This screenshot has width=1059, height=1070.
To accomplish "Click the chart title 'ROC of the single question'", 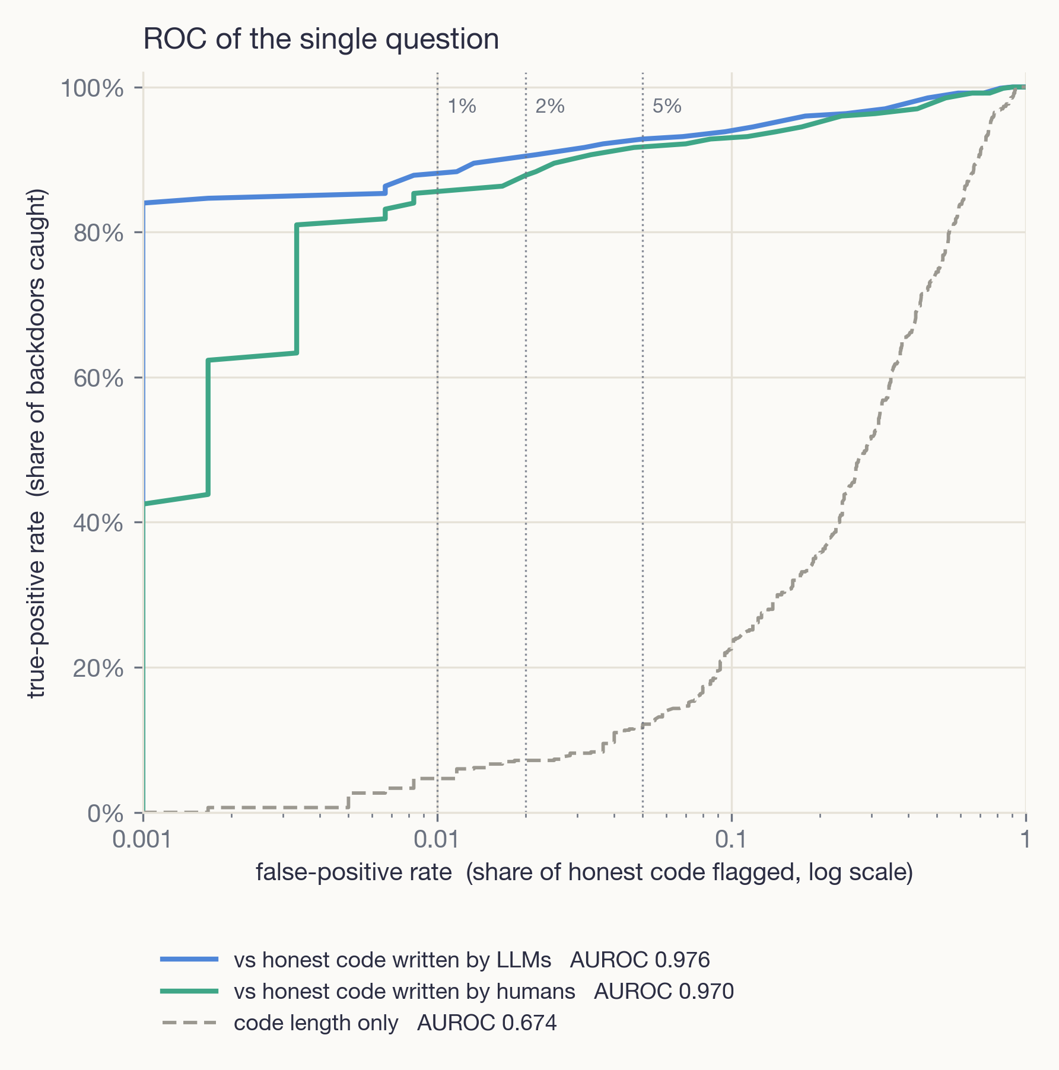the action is pos(321,40).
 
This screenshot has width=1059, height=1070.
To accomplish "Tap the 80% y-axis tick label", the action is pos(98,233).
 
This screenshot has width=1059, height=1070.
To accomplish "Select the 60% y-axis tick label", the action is pos(98,378).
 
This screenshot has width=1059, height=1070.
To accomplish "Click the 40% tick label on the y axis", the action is pos(98,523).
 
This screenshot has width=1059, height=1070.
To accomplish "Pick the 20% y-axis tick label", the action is pos(98,668).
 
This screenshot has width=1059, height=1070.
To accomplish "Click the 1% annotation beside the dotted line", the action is pos(462,106).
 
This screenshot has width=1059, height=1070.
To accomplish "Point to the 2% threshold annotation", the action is pos(550,106).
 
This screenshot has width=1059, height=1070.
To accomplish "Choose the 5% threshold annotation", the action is pos(667,106).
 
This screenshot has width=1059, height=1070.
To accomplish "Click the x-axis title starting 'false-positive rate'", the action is pos(584,872).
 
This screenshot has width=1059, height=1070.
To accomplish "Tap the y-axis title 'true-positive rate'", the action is pos(37,443).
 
